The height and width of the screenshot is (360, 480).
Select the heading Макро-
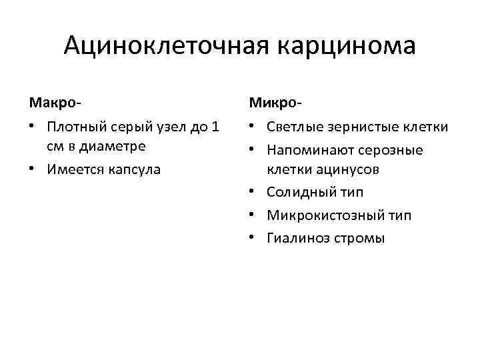(x=55, y=103)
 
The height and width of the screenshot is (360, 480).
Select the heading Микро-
(x=275, y=103)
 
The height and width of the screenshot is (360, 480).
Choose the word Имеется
(x=71, y=169)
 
